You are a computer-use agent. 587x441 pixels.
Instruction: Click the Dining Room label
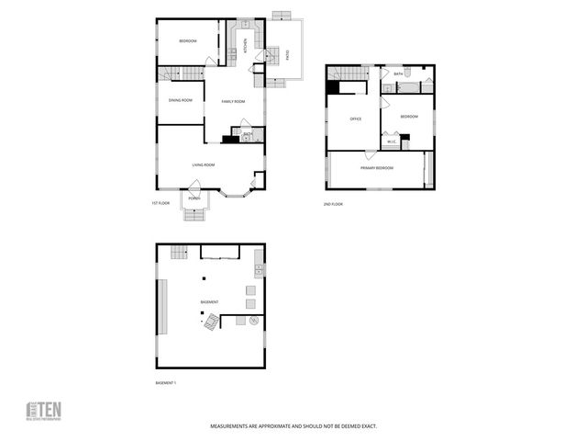(181, 100)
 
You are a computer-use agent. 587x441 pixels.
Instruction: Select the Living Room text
(203, 164)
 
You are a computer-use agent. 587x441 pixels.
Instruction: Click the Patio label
(288, 54)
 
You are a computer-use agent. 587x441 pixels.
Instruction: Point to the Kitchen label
(245, 42)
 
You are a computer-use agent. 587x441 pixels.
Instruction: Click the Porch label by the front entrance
(194, 198)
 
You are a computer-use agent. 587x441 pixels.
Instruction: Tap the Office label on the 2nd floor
(355, 119)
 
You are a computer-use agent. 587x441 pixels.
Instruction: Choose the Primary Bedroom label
(377, 168)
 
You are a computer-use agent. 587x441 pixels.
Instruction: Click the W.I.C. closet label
(391, 141)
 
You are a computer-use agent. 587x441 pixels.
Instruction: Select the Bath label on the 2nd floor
(398, 73)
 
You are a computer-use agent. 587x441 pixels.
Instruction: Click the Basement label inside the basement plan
(210, 302)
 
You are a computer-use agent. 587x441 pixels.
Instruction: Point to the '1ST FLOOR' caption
(161, 203)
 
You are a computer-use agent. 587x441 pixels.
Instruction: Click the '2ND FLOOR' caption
(333, 204)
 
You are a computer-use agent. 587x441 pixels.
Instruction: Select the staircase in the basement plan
(177, 251)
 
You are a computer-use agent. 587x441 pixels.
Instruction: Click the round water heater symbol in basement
(253, 321)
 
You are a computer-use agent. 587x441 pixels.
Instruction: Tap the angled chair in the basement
(212, 321)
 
